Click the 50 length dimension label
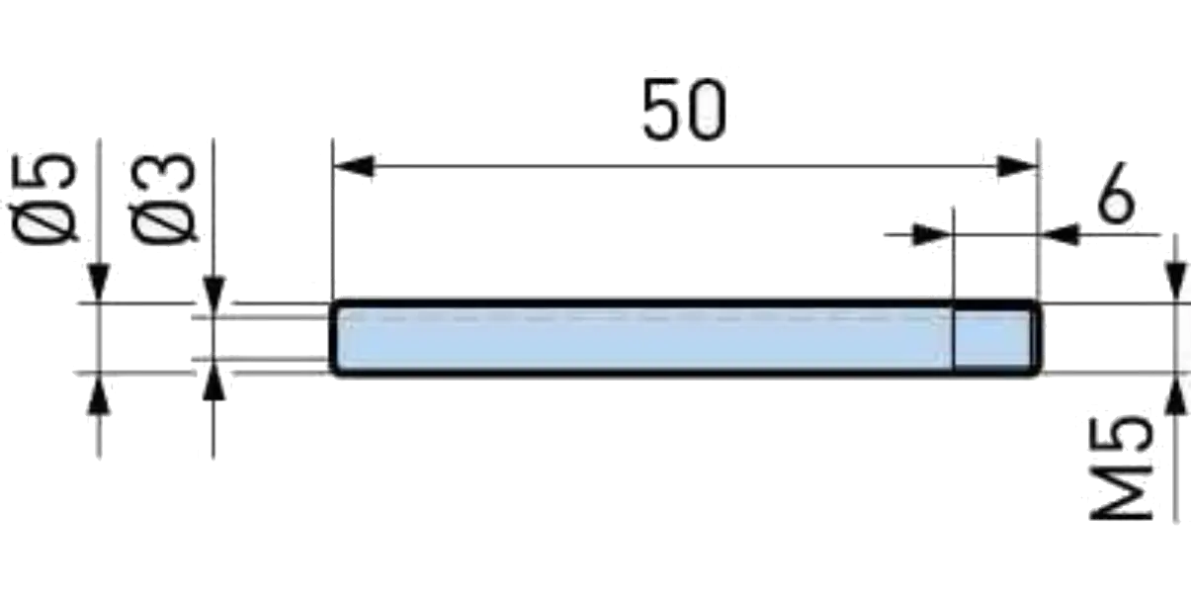click(x=684, y=110)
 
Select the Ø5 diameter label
click(x=44, y=199)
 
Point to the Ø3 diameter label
click(x=163, y=199)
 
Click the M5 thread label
click(x=1121, y=467)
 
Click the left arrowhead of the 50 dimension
click(x=355, y=166)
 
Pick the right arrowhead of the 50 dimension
click(x=1017, y=166)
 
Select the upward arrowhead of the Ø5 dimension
click(x=99, y=393)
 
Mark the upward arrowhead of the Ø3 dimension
click(x=213, y=381)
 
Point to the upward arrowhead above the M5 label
click(x=1175, y=393)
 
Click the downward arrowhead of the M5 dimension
click(x=1175, y=282)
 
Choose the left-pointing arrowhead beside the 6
click(x=1061, y=234)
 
